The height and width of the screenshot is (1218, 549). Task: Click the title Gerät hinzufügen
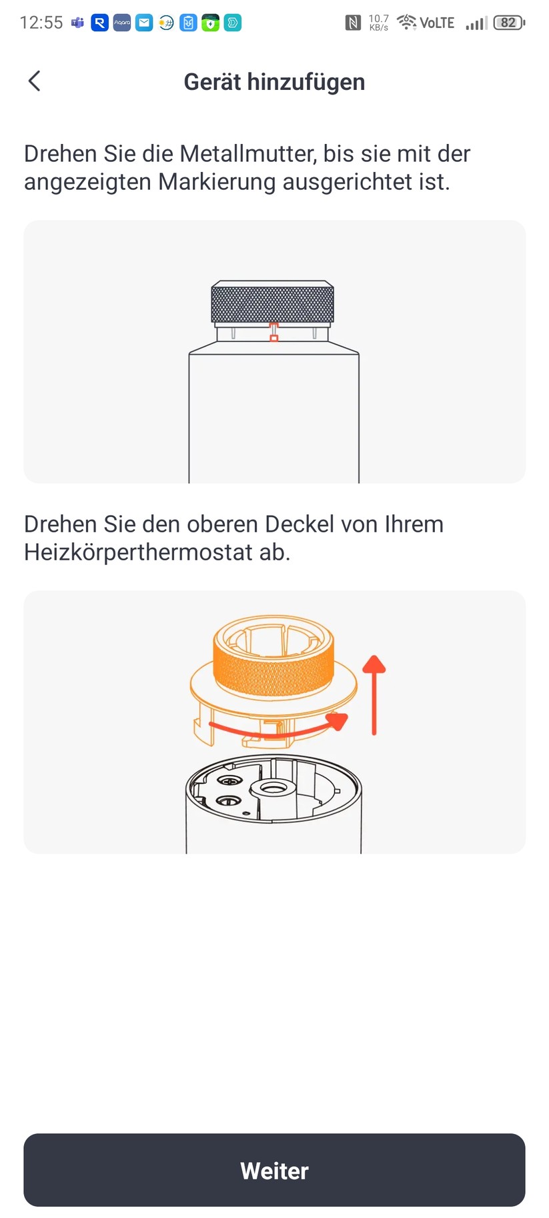point(274,82)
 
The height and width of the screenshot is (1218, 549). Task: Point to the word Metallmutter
point(247,154)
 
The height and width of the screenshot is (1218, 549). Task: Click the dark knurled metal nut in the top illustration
point(272,303)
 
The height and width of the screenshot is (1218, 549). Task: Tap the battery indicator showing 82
point(509,23)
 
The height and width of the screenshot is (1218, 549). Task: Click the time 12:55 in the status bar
point(41,23)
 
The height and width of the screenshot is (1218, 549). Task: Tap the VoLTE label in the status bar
point(437,23)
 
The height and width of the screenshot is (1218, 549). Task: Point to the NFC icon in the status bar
point(353,23)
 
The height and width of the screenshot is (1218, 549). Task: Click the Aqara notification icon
point(122,23)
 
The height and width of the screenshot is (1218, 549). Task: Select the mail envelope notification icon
point(144,23)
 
